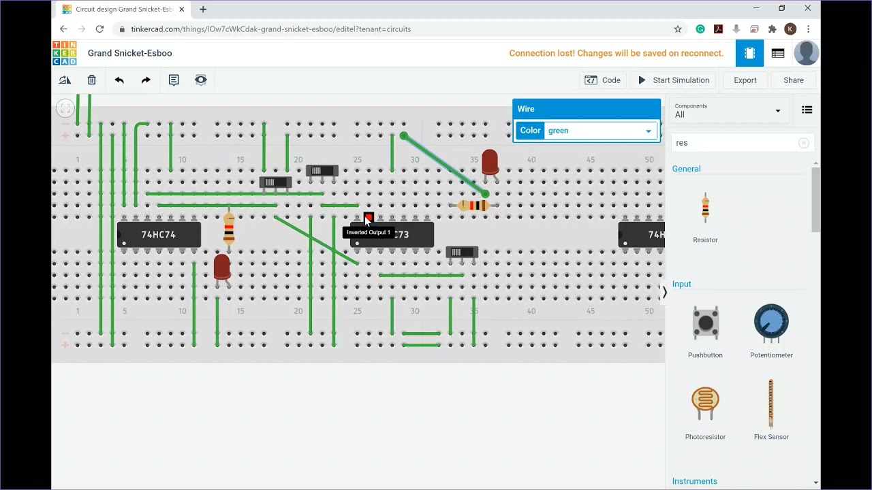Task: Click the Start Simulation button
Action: [x=674, y=80]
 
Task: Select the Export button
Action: [x=745, y=80]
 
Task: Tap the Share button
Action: [x=793, y=80]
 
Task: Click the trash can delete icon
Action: [x=91, y=80]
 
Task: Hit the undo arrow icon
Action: [x=119, y=80]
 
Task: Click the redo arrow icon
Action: [x=146, y=80]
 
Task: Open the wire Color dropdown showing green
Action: [x=599, y=131]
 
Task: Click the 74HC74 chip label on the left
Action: [x=159, y=235]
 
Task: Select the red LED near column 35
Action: [x=489, y=163]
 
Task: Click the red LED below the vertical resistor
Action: [x=221, y=267]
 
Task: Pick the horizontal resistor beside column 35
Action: [x=473, y=206]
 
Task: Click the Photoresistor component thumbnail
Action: [x=705, y=404]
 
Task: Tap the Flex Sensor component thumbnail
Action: [x=771, y=404]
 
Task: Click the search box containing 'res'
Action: [x=734, y=143]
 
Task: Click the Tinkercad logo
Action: [x=65, y=53]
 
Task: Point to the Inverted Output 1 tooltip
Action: [x=369, y=233]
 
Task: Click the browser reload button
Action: [x=99, y=29]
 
